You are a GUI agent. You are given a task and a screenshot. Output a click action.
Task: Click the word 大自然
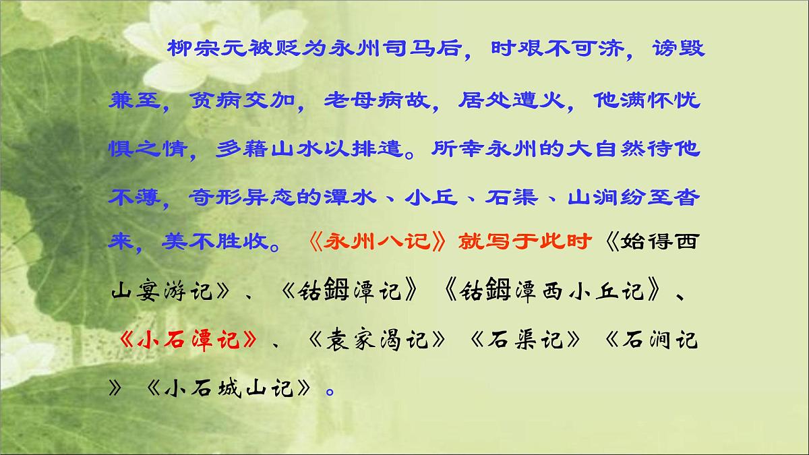tap(599, 150)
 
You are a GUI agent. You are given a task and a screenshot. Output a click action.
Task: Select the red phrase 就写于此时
tap(526, 242)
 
